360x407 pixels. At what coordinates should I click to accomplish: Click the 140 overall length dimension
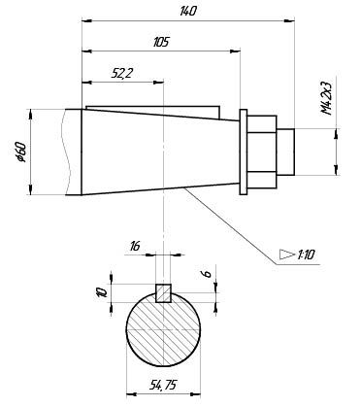(188, 12)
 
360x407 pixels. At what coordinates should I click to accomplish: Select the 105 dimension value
(161, 42)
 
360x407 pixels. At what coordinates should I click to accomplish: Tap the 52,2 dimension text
(122, 74)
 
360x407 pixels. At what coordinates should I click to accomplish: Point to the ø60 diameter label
(21, 152)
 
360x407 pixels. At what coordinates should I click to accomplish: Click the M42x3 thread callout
(327, 98)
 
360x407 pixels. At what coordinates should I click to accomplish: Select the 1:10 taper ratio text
(306, 254)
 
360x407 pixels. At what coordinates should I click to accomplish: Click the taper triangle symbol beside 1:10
(287, 254)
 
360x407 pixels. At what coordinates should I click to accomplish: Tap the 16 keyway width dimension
(135, 247)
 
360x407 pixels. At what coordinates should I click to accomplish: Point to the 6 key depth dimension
(208, 273)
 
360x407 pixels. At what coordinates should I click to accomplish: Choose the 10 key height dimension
(103, 292)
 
